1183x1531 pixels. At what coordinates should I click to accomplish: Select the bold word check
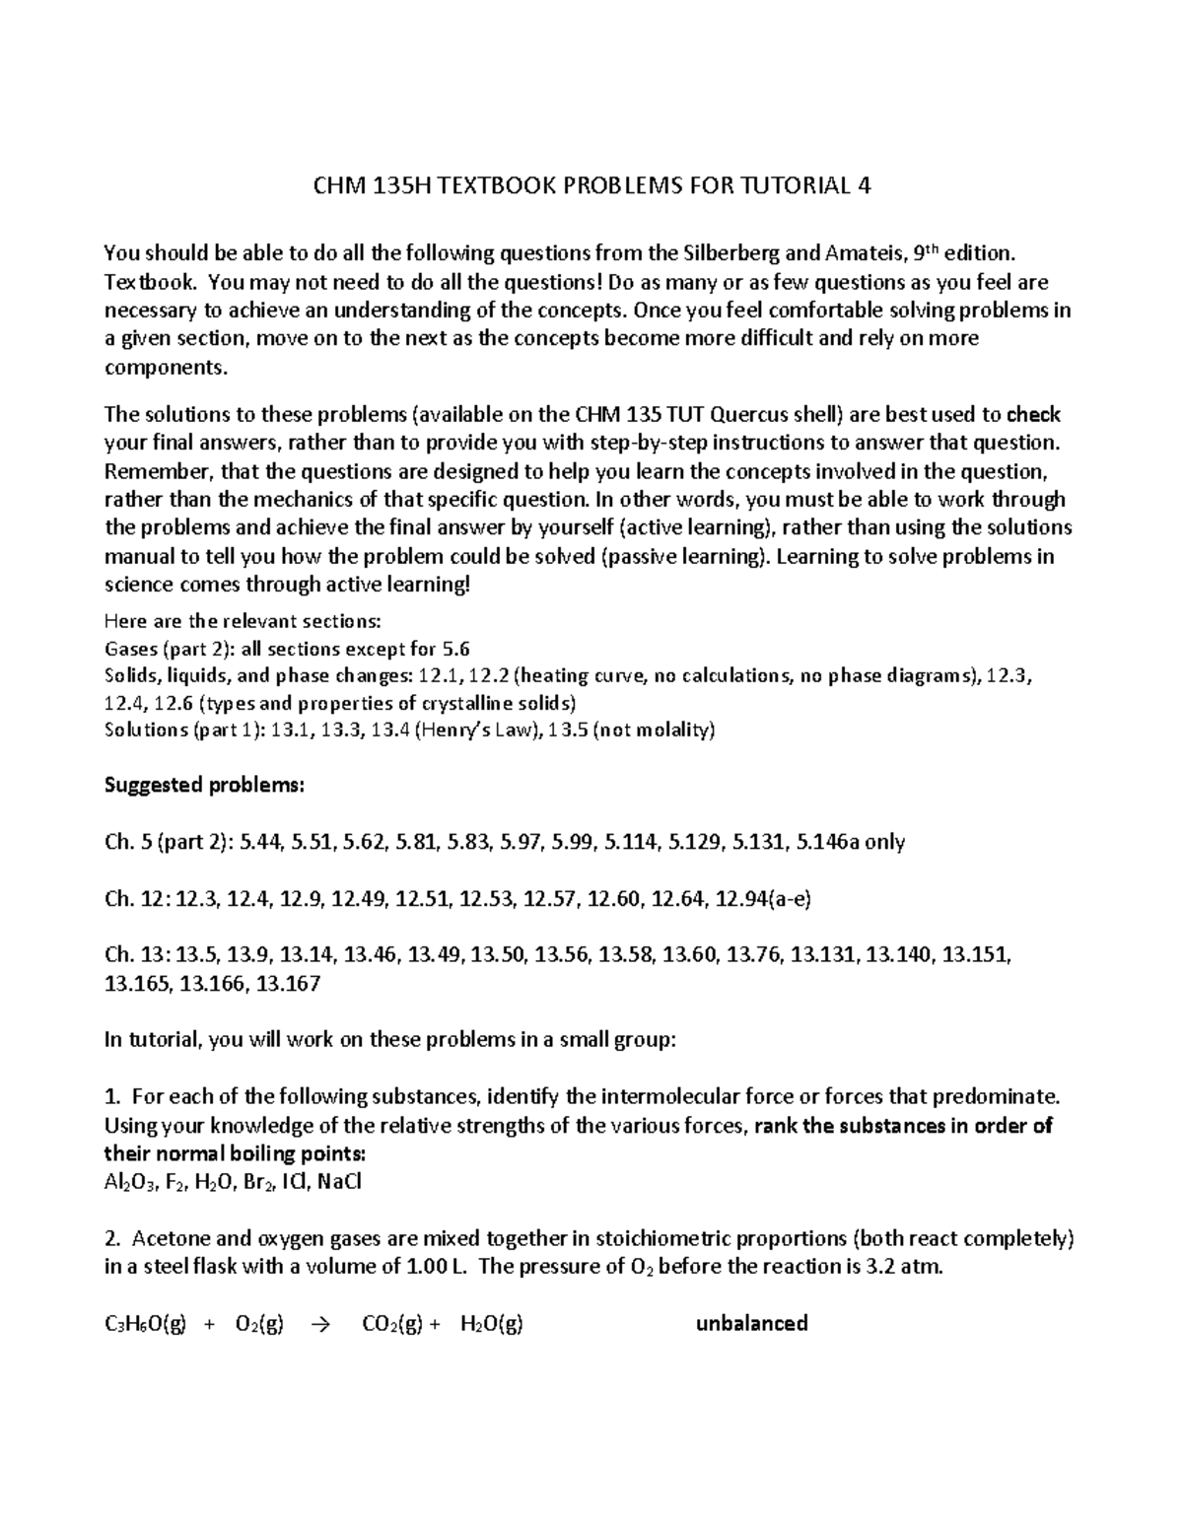pos(1034,414)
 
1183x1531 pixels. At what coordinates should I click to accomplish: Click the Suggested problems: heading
pos(205,786)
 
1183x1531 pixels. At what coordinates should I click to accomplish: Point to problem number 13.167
pos(288,983)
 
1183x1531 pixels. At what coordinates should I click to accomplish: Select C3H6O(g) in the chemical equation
pos(145,1324)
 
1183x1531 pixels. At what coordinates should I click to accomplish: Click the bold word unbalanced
pos(751,1323)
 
